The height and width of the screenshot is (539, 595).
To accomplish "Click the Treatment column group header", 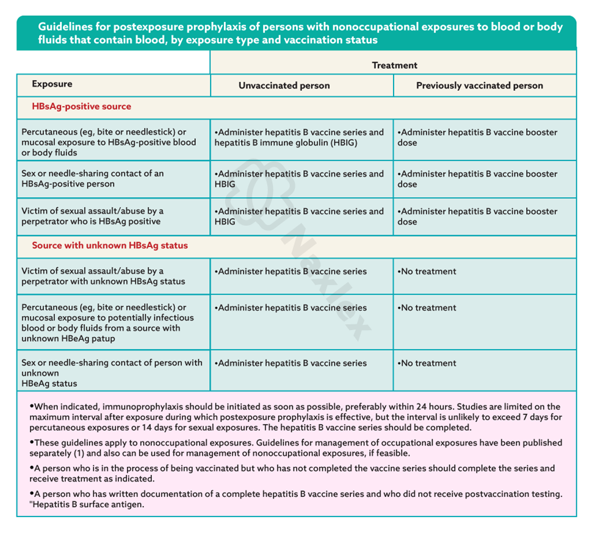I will pos(394,65).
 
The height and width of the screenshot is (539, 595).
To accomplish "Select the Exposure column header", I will pos(52,84).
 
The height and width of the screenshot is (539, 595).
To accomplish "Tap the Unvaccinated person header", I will pos(284,86).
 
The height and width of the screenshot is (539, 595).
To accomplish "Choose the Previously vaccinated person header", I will pos(479,86).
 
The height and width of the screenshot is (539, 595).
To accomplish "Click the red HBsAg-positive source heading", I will pos(81,106).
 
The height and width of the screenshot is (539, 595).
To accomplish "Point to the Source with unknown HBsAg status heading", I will pos(110,245).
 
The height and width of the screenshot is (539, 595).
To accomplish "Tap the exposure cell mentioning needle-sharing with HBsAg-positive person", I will pos(92,179).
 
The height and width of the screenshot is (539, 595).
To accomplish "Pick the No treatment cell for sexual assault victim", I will pos(428,272).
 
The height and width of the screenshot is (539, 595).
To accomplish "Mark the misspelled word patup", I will pos(103,338).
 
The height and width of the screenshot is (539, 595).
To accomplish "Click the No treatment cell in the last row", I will pos(428,363).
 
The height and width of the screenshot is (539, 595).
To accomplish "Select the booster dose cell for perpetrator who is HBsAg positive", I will pos(477,216).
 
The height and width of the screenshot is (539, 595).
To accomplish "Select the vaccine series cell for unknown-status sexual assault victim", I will pos(292,272).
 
